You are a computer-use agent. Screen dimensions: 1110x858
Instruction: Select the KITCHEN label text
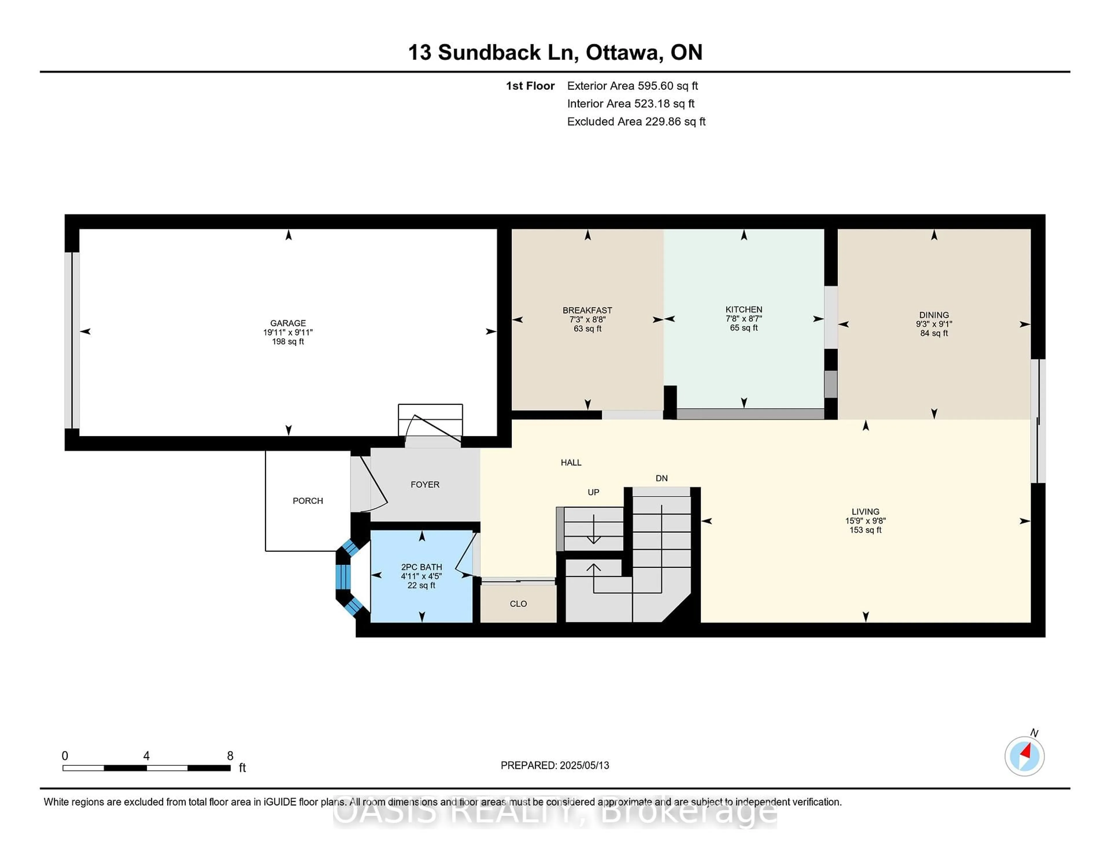point(743,310)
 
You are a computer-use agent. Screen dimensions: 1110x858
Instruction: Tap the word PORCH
point(308,501)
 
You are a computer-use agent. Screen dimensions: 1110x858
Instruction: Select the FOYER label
point(425,485)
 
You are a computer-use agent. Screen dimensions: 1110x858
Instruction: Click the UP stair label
point(593,492)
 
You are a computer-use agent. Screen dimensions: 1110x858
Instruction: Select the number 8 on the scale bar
point(230,756)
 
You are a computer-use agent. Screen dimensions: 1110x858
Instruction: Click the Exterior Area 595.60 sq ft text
point(632,86)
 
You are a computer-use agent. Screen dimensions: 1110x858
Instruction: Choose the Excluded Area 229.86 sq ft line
point(636,121)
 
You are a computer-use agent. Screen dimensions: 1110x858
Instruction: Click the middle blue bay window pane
point(343,576)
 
